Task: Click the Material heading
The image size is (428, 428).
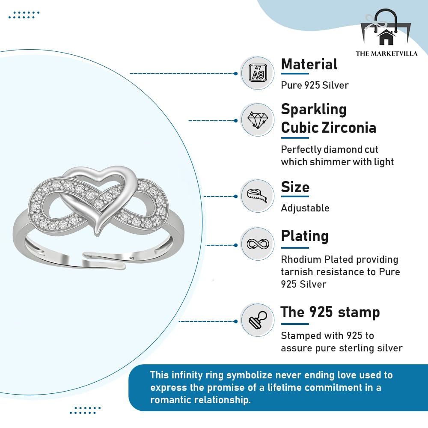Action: pos(309,65)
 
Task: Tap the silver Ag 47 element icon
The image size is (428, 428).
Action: pos(257,73)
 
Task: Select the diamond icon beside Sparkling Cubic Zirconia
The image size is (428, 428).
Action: pos(257,119)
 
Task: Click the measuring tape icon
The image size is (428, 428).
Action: pos(257,196)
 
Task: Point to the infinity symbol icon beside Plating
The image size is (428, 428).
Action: pos(257,244)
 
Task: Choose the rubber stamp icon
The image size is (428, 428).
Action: pos(257,320)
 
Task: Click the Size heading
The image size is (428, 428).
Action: pos(295,187)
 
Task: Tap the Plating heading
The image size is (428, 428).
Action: pos(304,236)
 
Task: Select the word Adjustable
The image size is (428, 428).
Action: pos(305,208)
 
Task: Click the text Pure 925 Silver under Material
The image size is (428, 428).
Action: pos(315,85)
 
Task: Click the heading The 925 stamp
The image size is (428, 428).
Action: pos(330,312)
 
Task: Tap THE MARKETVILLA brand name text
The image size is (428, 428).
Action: pos(386,53)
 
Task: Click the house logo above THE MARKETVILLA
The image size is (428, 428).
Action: pos(386,36)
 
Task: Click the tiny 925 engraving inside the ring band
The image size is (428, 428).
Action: pos(132,259)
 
